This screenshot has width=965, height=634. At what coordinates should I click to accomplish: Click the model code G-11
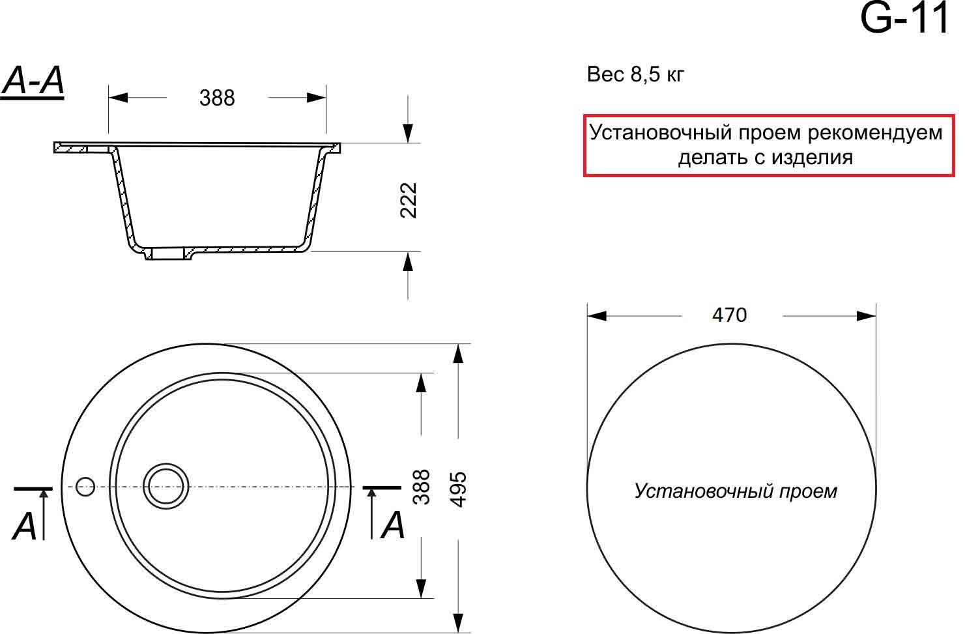point(905,18)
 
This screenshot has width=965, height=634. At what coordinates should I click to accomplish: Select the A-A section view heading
point(33,81)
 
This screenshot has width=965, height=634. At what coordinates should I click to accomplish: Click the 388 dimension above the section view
point(217,98)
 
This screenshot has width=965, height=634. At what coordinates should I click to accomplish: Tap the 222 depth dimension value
point(409,200)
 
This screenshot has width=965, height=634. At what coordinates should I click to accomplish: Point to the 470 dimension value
point(729,315)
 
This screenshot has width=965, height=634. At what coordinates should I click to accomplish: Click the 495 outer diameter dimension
point(458,489)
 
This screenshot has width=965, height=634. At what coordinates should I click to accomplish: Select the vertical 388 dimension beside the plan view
point(422,487)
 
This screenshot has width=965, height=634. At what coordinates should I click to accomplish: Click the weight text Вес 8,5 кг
point(635,74)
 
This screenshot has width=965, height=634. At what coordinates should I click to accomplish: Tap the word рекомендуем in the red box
point(875,132)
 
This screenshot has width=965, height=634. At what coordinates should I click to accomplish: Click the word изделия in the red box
point(812,157)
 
